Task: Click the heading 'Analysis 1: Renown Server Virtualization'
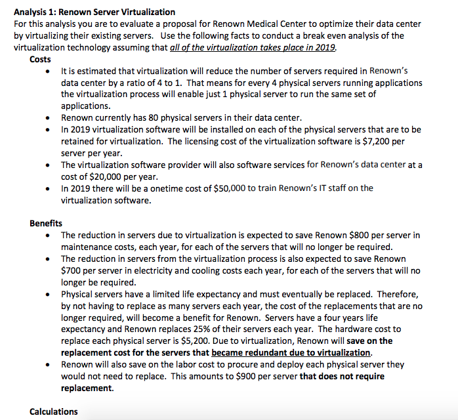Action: pos(94,12)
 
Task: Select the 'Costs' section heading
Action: pos(40,59)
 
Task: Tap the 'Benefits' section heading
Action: pos(46,223)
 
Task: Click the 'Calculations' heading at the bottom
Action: pos(53,411)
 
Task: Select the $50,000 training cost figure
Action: pos(228,188)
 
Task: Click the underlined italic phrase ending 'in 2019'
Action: pos(253,47)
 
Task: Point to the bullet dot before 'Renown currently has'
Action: pos(49,118)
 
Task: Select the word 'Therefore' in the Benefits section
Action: pos(396,294)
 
